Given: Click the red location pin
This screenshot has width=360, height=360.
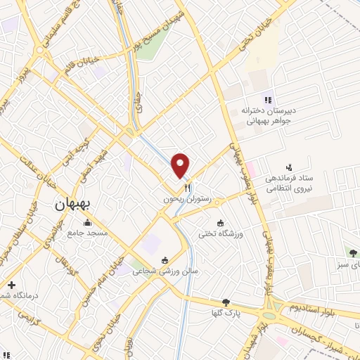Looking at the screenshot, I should point(181,165).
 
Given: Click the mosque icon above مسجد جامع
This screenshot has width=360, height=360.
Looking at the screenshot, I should point(87,223).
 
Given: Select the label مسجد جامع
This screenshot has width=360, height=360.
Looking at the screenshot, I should point(87,233).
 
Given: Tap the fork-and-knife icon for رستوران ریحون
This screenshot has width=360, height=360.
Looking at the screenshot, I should point(188,188).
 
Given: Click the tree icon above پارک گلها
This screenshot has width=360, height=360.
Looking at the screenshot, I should point(226,302).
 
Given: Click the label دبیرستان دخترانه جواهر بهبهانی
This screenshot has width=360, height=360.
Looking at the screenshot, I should point(266,115).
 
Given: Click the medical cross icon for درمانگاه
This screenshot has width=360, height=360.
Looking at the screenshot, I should point(11,285).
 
